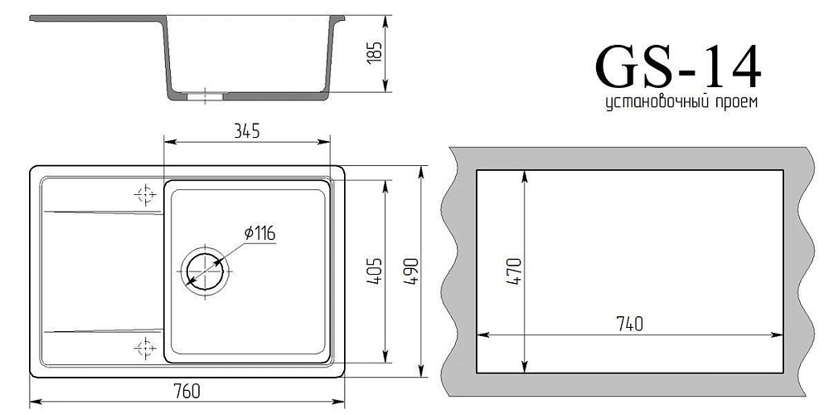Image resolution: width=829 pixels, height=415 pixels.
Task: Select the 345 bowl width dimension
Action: point(247,131)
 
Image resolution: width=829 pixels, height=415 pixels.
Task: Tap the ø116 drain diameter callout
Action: point(259,232)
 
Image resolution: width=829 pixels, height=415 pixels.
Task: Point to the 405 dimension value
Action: point(374,271)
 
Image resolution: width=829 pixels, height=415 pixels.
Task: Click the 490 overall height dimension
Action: point(411,271)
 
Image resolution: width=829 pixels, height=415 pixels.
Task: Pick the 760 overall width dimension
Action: point(187,391)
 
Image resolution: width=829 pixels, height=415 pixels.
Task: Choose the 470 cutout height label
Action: point(514,271)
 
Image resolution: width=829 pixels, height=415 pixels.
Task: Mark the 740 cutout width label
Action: point(629,324)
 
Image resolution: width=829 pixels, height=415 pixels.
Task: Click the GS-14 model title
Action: point(678,66)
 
